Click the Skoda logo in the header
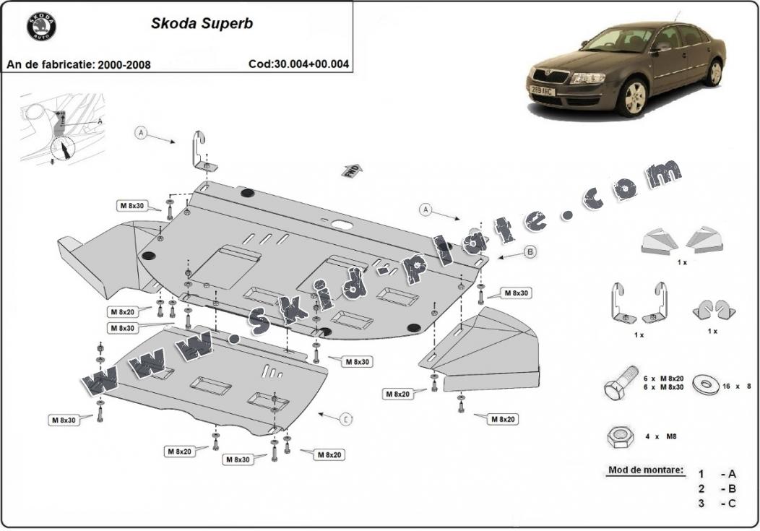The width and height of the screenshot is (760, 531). click(x=41, y=27)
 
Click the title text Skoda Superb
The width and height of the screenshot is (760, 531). click(x=202, y=23)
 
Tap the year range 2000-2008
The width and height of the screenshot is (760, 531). click(x=124, y=64)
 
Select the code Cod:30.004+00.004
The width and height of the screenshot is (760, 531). click(x=298, y=64)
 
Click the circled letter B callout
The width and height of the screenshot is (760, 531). click(x=530, y=251)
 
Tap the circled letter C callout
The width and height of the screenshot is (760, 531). click(x=346, y=418)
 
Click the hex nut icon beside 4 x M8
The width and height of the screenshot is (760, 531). click(x=619, y=436)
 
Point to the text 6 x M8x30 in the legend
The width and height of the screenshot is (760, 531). click(x=663, y=388)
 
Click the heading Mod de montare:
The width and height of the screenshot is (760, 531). click(x=645, y=470)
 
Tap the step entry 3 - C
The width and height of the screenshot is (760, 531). click(x=717, y=503)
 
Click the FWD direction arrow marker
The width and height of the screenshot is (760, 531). click(x=352, y=170)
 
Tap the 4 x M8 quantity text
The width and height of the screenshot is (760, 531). click(x=661, y=436)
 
